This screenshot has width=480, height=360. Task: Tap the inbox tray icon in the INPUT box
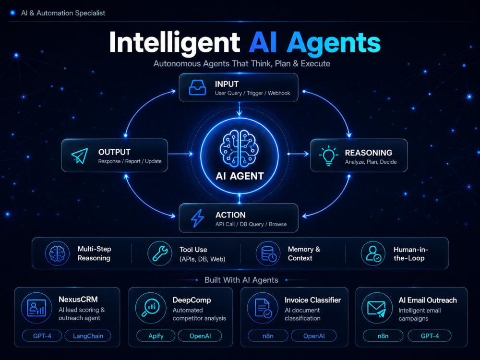197,87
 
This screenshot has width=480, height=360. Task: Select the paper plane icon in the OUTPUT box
80,156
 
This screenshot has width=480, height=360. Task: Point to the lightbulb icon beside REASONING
328,156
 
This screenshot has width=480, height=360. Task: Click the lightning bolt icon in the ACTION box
197,218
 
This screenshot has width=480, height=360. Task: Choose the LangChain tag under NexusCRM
88,336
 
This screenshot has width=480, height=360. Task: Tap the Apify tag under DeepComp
156,336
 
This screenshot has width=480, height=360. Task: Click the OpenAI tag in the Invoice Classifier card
314,336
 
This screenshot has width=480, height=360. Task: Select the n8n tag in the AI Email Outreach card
383,336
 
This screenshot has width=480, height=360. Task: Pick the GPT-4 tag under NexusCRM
42,336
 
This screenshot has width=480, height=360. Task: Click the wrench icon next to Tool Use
160,253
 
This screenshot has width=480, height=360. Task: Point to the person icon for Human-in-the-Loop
373,253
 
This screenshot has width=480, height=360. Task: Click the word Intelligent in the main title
175,43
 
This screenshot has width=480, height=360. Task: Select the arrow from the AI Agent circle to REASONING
299,154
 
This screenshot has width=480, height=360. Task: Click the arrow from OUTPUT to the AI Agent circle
180,154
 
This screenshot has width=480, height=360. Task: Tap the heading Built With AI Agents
241,280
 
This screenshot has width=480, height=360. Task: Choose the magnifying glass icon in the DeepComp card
150,308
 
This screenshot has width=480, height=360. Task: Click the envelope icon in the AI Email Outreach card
376,309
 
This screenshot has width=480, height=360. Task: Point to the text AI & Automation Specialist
63,13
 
